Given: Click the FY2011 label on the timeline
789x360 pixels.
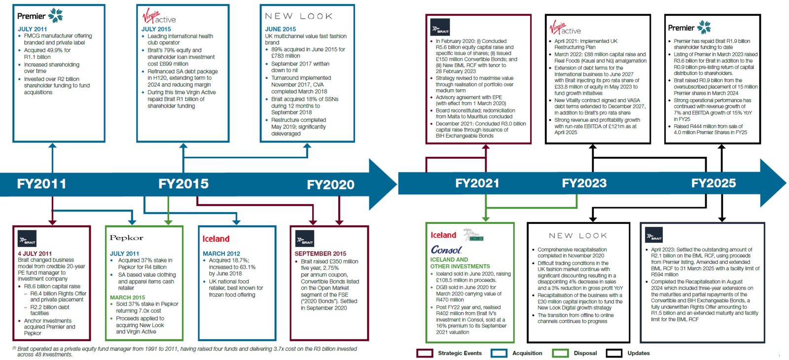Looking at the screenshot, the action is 41,184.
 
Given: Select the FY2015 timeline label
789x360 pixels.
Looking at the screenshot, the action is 183,184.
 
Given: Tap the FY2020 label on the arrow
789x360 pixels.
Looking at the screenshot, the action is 330,184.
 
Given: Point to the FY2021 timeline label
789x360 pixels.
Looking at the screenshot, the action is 477,183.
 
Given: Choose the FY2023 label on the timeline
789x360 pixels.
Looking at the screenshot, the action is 584,183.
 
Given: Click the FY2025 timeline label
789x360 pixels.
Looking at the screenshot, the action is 713,183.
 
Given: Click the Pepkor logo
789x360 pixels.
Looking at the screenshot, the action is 126,238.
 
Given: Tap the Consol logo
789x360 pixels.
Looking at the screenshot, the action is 446,250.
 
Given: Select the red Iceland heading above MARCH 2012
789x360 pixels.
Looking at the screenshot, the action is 216,239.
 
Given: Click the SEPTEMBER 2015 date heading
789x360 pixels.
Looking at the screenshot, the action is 320,253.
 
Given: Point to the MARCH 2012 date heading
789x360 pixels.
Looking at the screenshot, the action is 221,253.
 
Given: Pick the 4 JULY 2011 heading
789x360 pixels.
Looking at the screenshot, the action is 35,253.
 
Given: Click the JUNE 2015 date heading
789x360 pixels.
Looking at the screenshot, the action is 281,29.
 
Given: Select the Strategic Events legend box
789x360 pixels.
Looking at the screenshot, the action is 425,353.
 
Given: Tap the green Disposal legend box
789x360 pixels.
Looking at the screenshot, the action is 560,353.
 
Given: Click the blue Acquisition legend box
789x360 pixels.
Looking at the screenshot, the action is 499,353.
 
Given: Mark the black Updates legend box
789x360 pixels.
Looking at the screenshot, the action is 614,353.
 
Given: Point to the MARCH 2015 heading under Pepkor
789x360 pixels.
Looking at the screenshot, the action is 128,298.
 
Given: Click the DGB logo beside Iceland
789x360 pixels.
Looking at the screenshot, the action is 473,235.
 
